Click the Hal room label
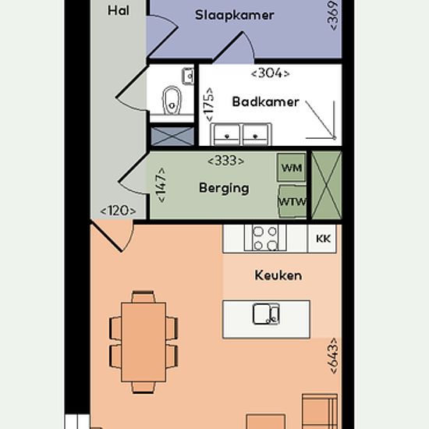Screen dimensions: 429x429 (119, 11)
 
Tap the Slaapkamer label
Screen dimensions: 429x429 (235, 15)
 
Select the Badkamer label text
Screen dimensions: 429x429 (265, 101)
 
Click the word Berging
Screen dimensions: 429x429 (224, 188)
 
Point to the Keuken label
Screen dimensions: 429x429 (278, 275)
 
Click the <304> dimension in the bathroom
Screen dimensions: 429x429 (270, 73)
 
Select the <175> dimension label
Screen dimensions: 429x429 (209, 105)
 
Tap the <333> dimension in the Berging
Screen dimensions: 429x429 (225, 161)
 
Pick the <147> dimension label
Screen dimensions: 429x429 (161, 185)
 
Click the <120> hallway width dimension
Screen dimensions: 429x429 (118, 211)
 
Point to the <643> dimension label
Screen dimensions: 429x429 (334, 356)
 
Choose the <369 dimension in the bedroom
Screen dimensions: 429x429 (333, 15)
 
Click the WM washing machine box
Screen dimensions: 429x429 (292, 168)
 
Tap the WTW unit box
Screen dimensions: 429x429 (292, 201)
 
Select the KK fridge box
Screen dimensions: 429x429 (322, 239)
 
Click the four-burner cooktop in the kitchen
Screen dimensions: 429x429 (265, 238)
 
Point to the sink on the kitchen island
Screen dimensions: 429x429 (266, 314)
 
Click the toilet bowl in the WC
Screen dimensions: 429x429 (172, 101)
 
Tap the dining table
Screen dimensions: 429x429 (144, 342)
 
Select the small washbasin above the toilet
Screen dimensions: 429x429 (188, 76)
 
